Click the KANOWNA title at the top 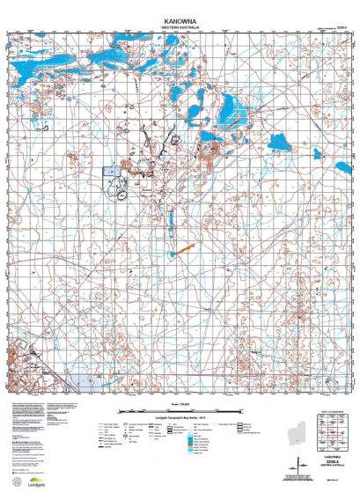point(180,18)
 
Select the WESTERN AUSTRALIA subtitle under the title point(180,26)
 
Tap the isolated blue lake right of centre point(281,141)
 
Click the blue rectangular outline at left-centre point(110,173)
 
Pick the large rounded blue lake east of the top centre point(232,110)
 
